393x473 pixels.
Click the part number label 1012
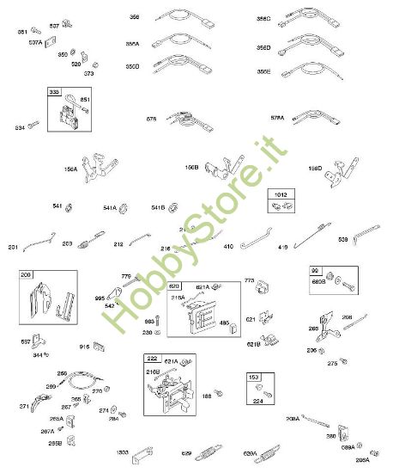point(278,195)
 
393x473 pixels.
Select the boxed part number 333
point(53,92)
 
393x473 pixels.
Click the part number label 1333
point(123,451)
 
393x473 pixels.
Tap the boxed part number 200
point(27,276)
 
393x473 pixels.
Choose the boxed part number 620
point(174,286)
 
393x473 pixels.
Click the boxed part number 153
point(255,377)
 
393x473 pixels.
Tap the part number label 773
point(251,280)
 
